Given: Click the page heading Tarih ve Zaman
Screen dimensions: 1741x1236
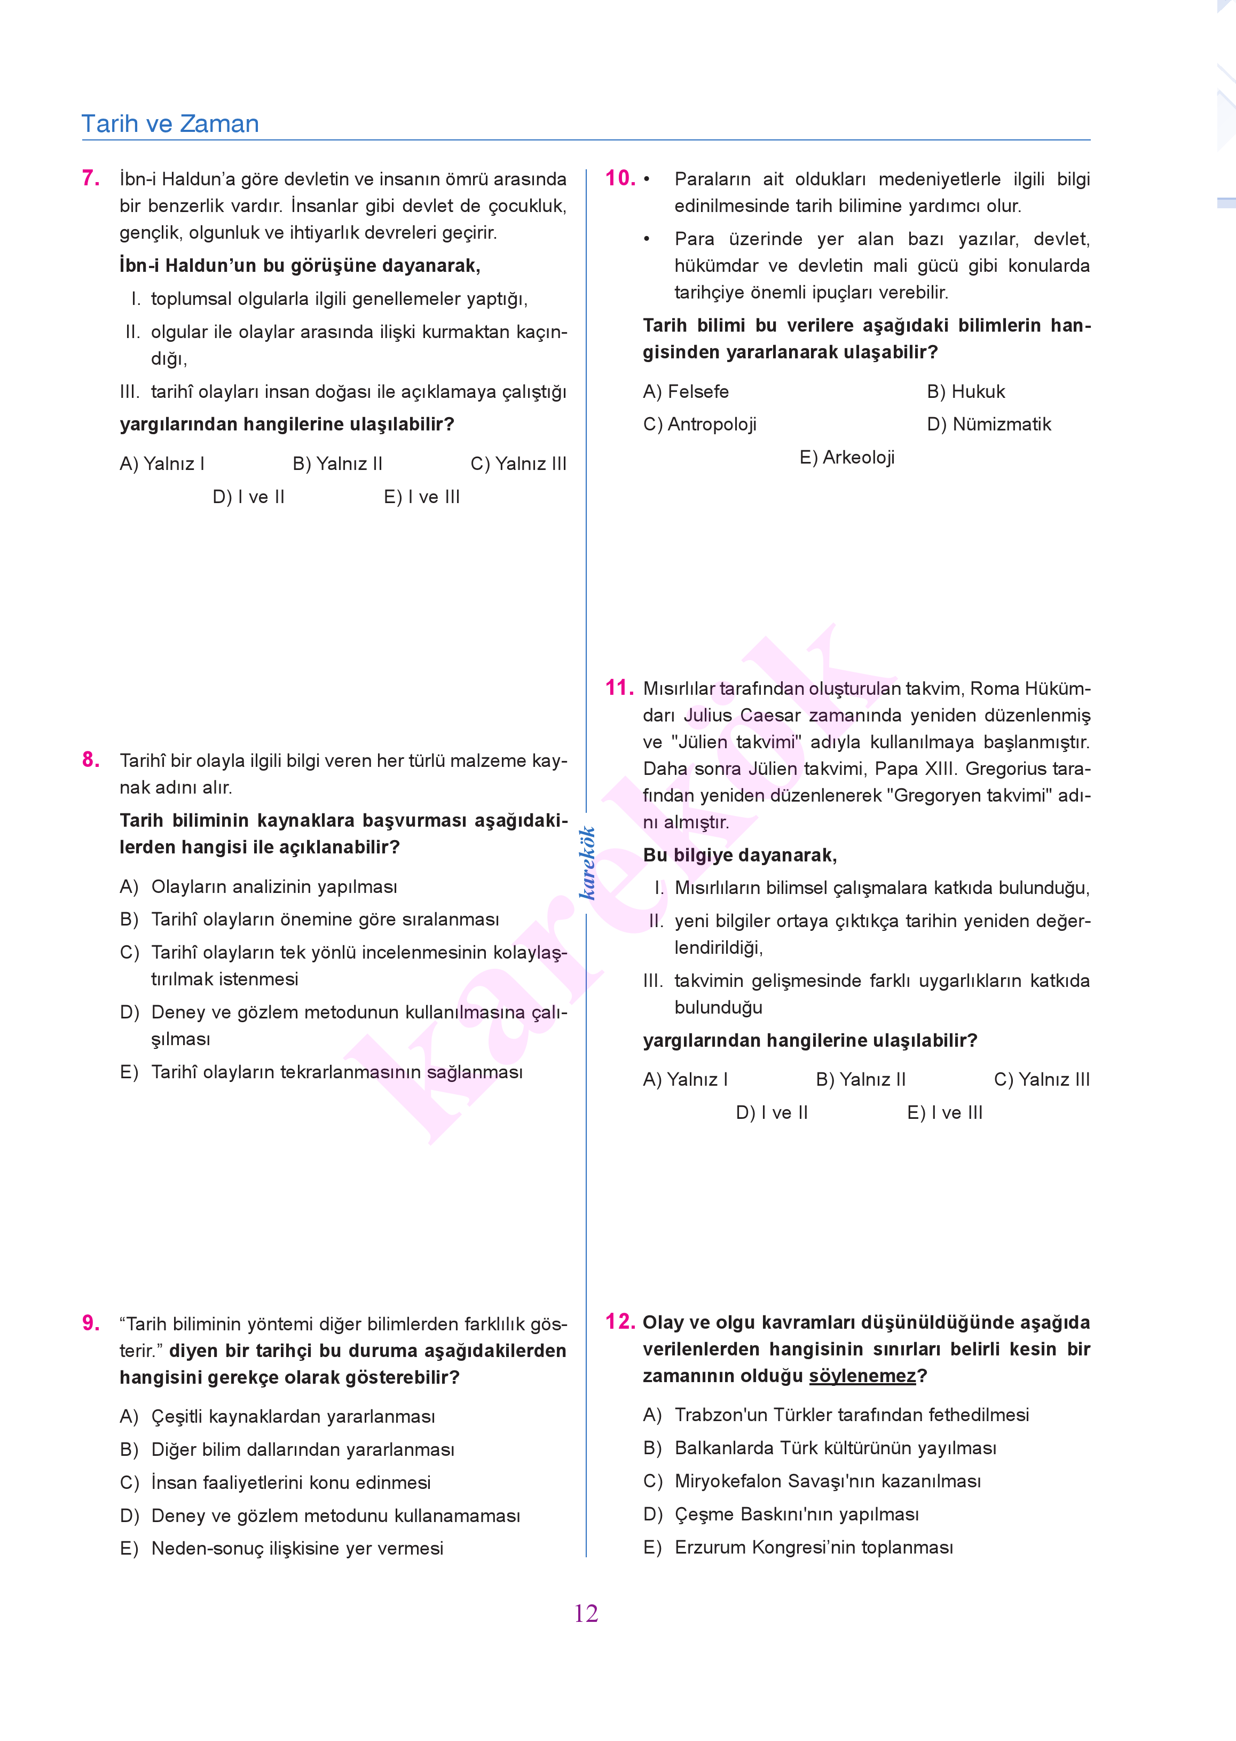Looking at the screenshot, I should click(x=170, y=123).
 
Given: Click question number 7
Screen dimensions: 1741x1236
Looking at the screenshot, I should click(x=91, y=178).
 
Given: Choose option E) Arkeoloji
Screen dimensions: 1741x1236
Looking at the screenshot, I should click(x=846, y=458).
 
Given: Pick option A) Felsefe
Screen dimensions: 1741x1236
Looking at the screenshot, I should click(x=685, y=391).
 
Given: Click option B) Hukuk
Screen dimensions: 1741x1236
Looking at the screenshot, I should click(x=965, y=391).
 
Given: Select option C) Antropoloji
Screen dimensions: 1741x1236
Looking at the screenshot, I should click(x=699, y=424).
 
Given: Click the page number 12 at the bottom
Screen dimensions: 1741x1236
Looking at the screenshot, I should click(x=586, y=1613).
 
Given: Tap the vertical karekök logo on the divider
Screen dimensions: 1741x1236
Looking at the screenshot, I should click(x=587, y=862).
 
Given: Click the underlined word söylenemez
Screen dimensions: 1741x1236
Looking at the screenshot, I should click(x=862, y=1376).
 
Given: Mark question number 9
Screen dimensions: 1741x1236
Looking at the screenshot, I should click(x=91, y=1323).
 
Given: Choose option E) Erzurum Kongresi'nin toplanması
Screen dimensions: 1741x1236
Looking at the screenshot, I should click(x=798, y=1547).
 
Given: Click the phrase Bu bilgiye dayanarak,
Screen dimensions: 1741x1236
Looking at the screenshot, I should click(x=740, y=855).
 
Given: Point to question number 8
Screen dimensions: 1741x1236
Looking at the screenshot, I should click(x=91, y=760).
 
